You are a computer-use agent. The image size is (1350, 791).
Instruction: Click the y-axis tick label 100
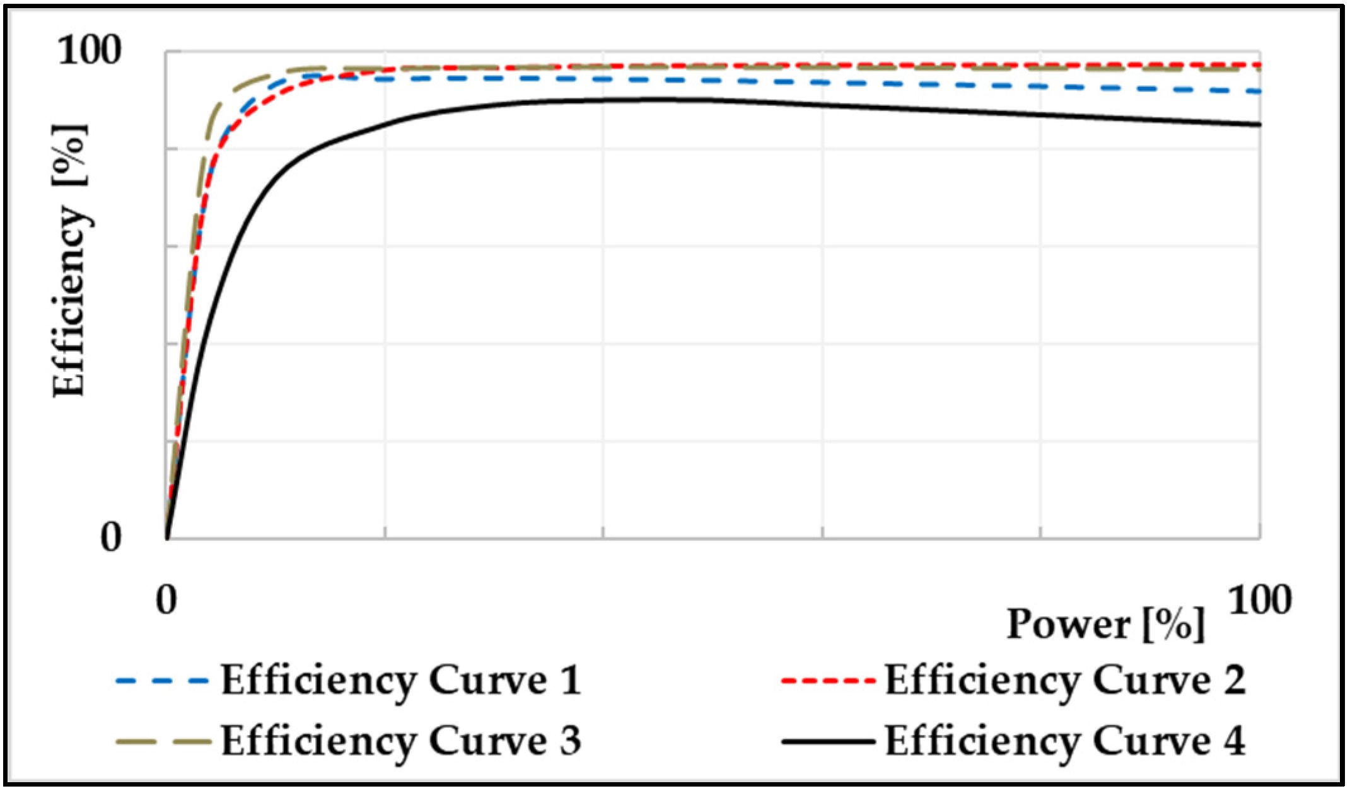89,50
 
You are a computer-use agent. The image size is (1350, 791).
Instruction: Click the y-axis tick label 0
110,538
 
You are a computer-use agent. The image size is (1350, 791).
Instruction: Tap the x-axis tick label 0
166,600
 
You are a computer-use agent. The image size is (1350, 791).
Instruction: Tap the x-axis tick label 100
1260,599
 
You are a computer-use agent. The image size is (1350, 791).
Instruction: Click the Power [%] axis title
1105,625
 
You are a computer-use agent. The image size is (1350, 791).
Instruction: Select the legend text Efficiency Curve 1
400,681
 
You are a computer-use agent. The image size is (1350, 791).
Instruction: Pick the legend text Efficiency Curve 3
400,741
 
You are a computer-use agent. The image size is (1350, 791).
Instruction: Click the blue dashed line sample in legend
162,681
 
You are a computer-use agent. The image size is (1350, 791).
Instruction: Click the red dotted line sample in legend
827,681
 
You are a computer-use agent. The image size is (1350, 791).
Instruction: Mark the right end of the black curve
1259,125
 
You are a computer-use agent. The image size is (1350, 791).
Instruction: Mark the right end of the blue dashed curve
1259,91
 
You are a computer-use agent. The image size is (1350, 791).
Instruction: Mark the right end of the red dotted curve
1259,65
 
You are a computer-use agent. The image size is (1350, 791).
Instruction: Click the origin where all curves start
167,538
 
